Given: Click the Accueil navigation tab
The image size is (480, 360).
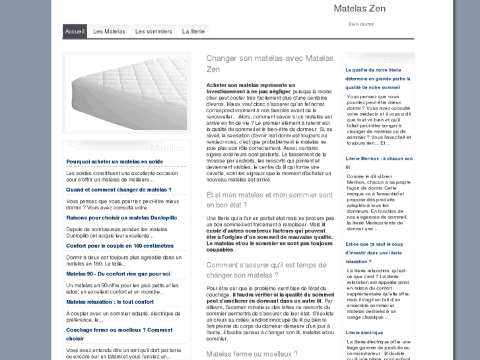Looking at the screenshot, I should point(75,31).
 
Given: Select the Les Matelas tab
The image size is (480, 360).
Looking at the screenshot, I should point(109,31).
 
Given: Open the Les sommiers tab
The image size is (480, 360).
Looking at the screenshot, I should point(153,31).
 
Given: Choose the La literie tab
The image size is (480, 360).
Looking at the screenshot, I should point(193,31).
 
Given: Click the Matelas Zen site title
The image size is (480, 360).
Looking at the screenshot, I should point(359,9).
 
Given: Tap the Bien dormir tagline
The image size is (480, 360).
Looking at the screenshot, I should point(361,24).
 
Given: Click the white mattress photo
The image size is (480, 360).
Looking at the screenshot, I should point(126,93).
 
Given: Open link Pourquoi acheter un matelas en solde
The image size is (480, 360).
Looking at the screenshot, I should point(114,161).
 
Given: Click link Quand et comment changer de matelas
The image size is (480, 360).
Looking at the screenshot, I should point(118,190).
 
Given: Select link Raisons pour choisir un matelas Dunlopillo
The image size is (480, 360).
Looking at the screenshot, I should point(121,217).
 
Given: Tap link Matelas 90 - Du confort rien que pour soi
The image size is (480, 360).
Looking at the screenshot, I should point(118,273).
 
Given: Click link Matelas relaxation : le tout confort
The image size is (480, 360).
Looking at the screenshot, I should point(110,302).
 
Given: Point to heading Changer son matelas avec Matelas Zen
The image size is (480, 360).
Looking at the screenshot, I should point(269,63).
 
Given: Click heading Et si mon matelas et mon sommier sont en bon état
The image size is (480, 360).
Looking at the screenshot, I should point(269,199).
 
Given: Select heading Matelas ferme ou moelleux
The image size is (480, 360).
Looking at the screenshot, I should point(252,354).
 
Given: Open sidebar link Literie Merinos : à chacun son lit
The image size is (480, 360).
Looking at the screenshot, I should point(378,162).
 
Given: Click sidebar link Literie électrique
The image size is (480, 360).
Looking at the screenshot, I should point(364,332).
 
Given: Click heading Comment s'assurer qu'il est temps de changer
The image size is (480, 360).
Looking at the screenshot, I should point(266,270).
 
